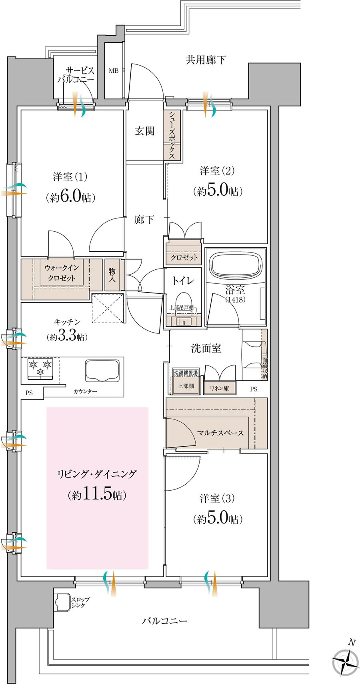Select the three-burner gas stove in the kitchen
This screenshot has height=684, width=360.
(40, 369)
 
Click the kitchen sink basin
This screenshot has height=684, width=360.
(102, 371)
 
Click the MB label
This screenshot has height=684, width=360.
(114, 71)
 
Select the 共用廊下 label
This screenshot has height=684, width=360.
(206, 60)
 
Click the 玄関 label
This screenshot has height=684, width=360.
(145, 131)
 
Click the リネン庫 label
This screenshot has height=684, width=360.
(219, 389)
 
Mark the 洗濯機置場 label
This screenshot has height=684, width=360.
(186, 373)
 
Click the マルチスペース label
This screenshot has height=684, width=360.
(220, 433)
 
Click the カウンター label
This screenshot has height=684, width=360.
(85, 391)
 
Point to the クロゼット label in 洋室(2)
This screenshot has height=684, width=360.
(184, 257)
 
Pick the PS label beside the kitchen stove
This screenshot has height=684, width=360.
(29, 393)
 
